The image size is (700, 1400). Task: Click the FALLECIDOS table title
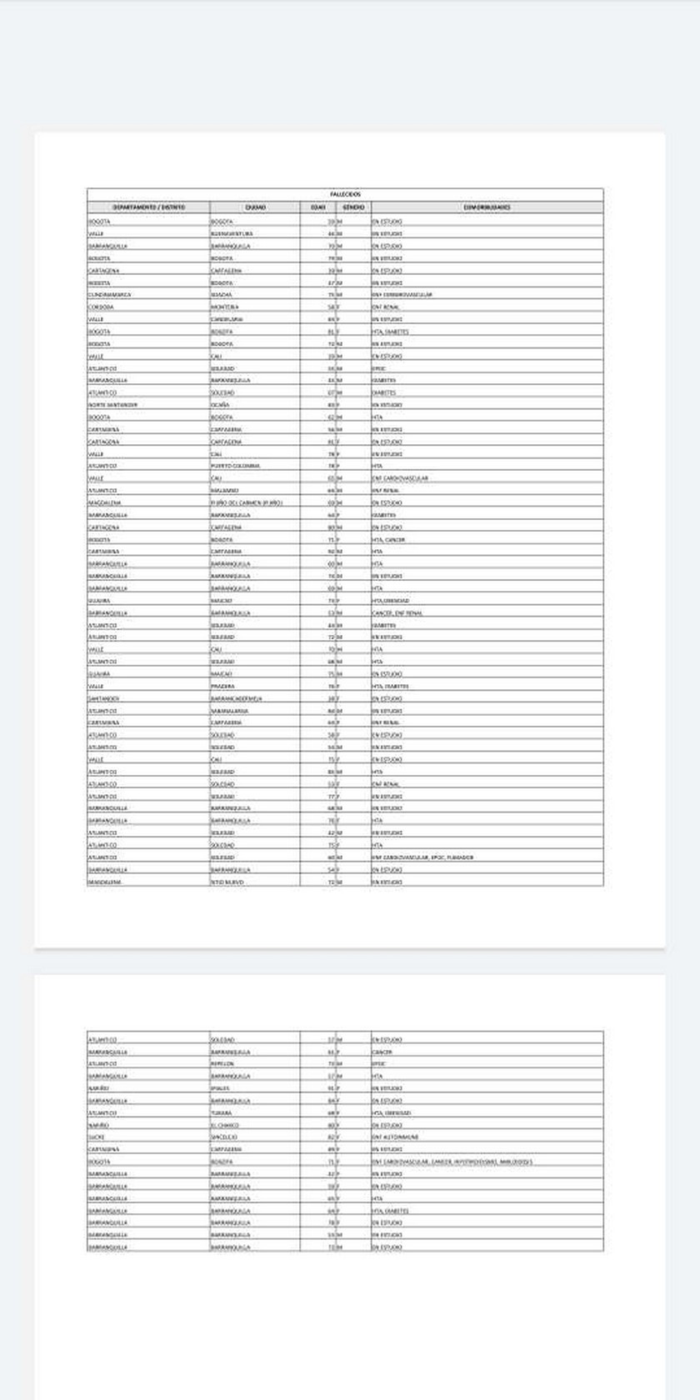[x=345, y=194]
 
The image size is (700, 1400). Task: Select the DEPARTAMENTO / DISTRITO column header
[x=148, y=207]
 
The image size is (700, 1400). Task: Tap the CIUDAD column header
[x=255, y=207]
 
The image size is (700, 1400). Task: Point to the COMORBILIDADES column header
[x=487, y=207]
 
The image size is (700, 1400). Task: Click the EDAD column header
[x=317, y=207]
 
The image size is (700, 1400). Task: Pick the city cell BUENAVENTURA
[x=231, y=234]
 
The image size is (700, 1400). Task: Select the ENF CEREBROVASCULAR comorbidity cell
[x=402, y=295]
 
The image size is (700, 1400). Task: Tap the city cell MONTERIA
[x=224, y=307]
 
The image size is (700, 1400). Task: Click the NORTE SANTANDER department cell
[x=112, y=405]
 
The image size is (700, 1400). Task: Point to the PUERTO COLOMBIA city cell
[x=235, y=466]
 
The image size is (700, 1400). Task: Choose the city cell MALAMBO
[x=224, y=491]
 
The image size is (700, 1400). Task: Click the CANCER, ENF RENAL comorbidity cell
[x=397, y=612]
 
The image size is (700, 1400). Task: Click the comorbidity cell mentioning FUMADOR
[x=422, y=857]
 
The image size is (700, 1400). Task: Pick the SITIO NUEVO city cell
[x=227, y=882]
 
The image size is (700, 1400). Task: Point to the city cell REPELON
[x=222, y=1064]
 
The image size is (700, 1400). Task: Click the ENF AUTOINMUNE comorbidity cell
[x=395, y=1137]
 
